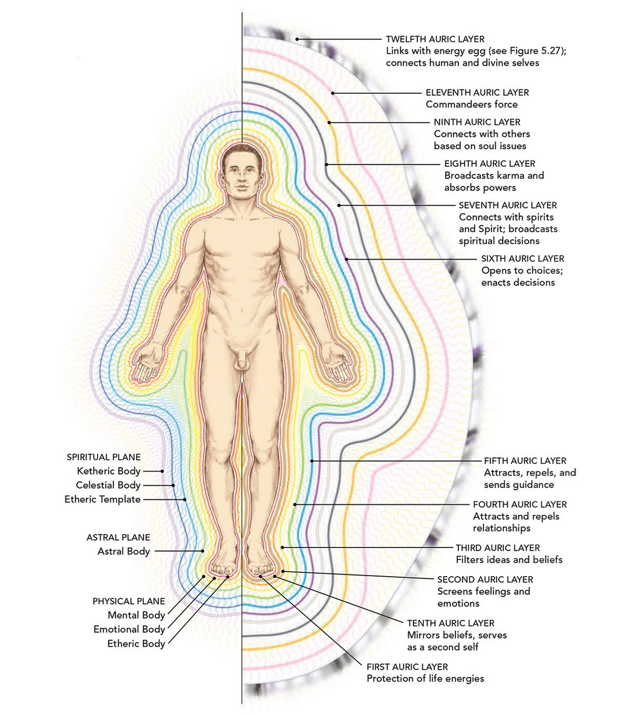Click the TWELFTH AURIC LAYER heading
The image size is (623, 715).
(x=435, y=39)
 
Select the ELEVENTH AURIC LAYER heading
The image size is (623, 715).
(x=477, y=93)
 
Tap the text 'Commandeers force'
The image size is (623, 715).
(x=472, y=104)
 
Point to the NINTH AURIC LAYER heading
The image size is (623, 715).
(x=477, y=123)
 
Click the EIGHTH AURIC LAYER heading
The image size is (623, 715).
(x=489, y=163)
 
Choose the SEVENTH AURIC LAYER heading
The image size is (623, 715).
(x=507, y=205)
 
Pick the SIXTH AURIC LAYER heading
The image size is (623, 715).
(x=523, y=259)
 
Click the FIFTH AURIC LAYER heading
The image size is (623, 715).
(x=525, y=461)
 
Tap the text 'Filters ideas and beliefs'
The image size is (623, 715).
(x=509, y=560)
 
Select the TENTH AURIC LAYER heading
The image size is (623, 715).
(x=451, y=623)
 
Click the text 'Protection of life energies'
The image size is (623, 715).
(x=425, y=678)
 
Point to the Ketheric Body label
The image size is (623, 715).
(x=109, y=471)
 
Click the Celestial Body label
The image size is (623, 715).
(x=108, y=485)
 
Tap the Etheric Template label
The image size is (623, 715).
(x=102, y=499)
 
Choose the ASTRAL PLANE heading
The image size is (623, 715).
(x=118, y=537)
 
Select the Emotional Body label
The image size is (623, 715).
(x=129, y=629)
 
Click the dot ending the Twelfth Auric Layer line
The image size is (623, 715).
(x=297, y=39)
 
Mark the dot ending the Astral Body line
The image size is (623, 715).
(x=203, y=551)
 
